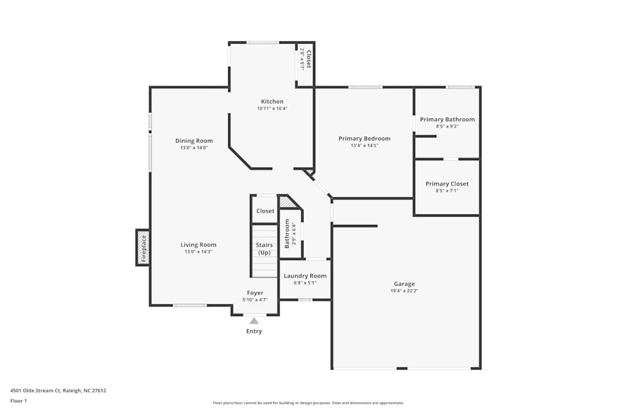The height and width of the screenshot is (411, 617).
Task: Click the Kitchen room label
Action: tap(272, 102)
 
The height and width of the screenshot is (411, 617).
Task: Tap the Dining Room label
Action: tap(194, 140)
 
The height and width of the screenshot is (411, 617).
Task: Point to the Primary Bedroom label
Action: tap(364, 139)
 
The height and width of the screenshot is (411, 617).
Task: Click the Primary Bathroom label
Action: tap(447, 120)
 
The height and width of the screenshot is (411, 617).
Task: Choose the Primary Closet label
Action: tap(447, 184)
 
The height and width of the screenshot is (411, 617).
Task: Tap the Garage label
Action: tap(404, 284)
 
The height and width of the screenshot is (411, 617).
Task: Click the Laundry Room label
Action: tap(305, 276)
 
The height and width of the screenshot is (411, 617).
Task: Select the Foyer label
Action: tap(255, 293)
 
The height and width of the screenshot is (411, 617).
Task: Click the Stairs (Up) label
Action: tap(264, 249)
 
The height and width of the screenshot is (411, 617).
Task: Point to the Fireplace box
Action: tap(143, 248)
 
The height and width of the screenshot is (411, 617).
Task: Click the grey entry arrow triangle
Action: tap(254, 320)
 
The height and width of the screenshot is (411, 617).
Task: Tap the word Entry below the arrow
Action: tap(254, 332)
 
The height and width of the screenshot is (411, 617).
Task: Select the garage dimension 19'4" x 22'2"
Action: tap(404, 291)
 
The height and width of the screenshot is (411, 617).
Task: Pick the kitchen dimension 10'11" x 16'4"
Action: tap(272, 108)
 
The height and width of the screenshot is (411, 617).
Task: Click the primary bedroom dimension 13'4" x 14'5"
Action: tap(364, 145)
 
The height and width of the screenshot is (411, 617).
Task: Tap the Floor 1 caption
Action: tap(19, 401)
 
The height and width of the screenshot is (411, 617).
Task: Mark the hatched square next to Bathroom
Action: tap(286, 201)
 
